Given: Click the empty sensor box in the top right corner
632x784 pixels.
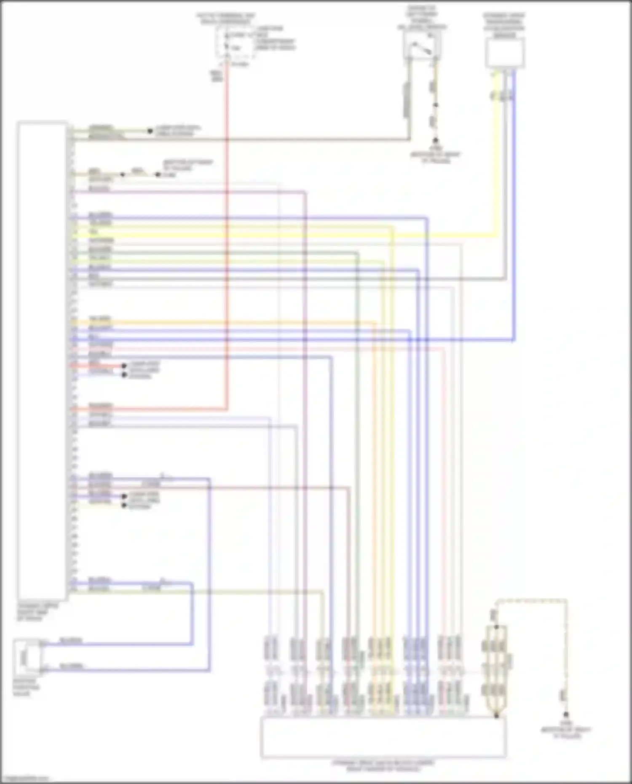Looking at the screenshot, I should pyautogui.click(x=504, y=53).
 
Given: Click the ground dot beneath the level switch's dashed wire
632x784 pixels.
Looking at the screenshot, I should pyautogui.click(x=436, y=141).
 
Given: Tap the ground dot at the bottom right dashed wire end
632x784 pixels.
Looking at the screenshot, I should pyautogui.click(x=565, y=715).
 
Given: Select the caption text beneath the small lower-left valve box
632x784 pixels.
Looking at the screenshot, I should pyautogui.click(x=26, y=687).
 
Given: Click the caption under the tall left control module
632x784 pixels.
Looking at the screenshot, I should pyautogui.click(x=37, y=612).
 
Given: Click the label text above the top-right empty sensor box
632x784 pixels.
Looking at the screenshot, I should pyautogui.click(x=504, y=25).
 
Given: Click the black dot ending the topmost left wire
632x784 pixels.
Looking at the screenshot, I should pyautogui.click(x=150, y=131).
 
